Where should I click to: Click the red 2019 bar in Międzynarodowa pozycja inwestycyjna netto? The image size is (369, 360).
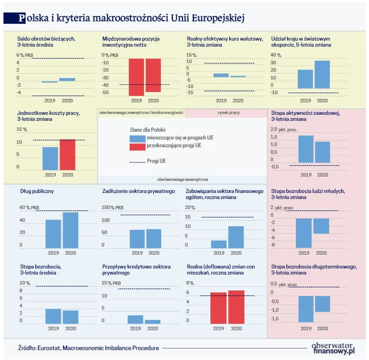pyautogui.click(x=136, y=77)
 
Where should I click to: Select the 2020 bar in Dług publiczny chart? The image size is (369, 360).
pyautogui.click(x=70, y=230)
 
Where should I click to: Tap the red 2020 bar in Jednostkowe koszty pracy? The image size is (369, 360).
pyautogui.click(x=67, y=155)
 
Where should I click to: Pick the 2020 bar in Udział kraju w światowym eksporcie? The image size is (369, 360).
pyautogui.click(x=322, y=74)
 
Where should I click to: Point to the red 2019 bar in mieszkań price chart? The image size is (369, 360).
pyautogui.click(x=219, y=308)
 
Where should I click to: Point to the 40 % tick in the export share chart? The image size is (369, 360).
pyautogui.click(x=275, y=55)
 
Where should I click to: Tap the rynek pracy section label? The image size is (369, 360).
pyautogui.click(x=226, y=113)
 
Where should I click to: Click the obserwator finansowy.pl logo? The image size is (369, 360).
pyautogui.click(x=333, y=347)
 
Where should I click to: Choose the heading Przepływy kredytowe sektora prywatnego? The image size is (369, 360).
pyautogui.click(x=136, y=270)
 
